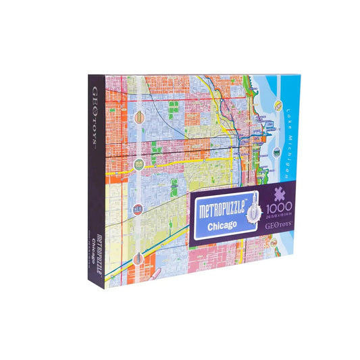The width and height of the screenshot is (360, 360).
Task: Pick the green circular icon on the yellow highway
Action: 138,163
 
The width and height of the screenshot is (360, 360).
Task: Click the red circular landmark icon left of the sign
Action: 138,209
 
